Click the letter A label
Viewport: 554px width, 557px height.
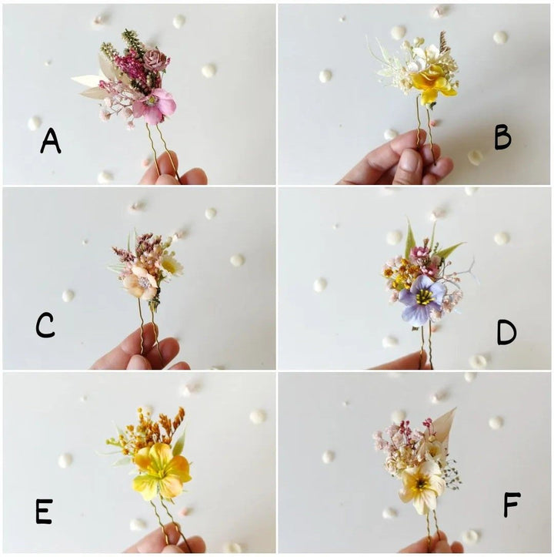point(50,141)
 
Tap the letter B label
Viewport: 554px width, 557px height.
point(502,137)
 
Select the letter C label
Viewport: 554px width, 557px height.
point(45,326)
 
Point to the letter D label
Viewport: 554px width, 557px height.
point(506,332)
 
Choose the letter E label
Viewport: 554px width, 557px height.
point(44,511)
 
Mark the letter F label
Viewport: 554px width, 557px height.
point(511,505)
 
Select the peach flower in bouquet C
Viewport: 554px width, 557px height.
point(141,284)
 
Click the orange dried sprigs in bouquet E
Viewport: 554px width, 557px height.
point(166,424)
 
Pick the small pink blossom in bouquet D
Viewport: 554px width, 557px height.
point(420,253)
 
